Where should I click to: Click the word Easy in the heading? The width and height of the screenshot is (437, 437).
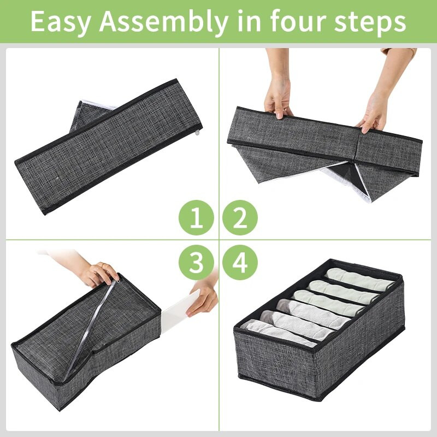[61, 22]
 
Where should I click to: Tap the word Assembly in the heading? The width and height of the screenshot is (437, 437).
[163, 22]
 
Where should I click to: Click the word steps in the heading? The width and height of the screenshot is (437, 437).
[370, 22]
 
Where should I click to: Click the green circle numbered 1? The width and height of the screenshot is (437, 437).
[196, 217]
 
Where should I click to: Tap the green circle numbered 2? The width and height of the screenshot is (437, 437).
[240, 217]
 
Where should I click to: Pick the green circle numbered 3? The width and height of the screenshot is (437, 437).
[196, 262]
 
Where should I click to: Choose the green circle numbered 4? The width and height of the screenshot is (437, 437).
[240, 262]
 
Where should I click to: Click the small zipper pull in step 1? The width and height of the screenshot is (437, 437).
[198, 133]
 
